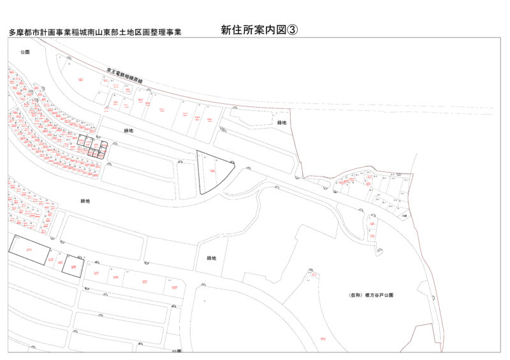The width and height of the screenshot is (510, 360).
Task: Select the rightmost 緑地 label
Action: tap(282, 122)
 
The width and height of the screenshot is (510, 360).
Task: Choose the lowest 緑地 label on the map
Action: tap(212, 258)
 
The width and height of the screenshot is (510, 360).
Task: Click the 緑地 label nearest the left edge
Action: tap(85, 201)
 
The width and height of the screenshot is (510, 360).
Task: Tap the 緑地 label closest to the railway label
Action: tap(128, 131)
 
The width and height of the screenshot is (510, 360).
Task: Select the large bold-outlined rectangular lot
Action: tap(29, 249)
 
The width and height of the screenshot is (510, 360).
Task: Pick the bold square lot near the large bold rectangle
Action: tap(73, 266)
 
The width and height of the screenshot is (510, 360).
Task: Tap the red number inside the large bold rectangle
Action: tap(29, 250)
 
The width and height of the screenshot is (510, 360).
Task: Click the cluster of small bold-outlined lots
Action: tap(92, 147)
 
